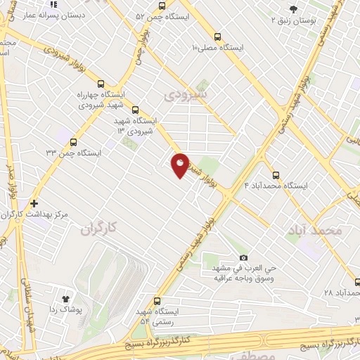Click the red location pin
pyautogui.click(x=180, y=165)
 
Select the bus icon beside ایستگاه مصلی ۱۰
pyautogui.click(x=217, y=37)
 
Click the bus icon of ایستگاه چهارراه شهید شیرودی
pyautogui.click(x=102, y=82)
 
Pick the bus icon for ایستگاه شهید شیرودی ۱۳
pyautogui.click(x=136, y=110)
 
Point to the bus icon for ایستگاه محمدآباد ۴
pyautogui.click(x=275, y=174)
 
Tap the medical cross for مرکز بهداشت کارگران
pyautogui.click(x=34, y=202)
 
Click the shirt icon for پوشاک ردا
pyautogui.click(x=68, y=298)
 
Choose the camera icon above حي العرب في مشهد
pyautogui.click(x=243, y=258)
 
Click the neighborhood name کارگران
pyautogui.click(x=97, y=229)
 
